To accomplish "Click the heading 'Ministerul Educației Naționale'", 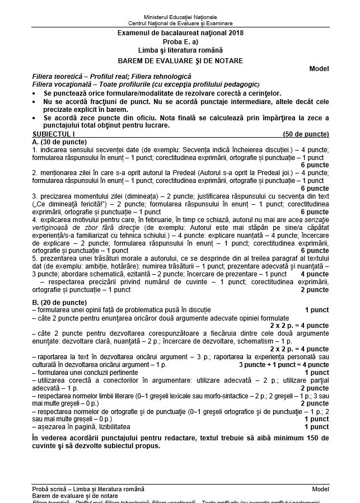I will click(180, 17).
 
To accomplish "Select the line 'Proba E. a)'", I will click(180, 42).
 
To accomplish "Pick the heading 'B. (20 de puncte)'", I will click(55, 302).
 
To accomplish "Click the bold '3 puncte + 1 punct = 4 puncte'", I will click(283, 365).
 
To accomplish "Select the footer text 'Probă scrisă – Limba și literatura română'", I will click(88, 489).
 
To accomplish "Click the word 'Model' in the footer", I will click(321, 489).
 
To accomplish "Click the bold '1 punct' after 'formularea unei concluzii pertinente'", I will click(316, 372).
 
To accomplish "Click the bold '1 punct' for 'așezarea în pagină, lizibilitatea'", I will click(316, 427).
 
